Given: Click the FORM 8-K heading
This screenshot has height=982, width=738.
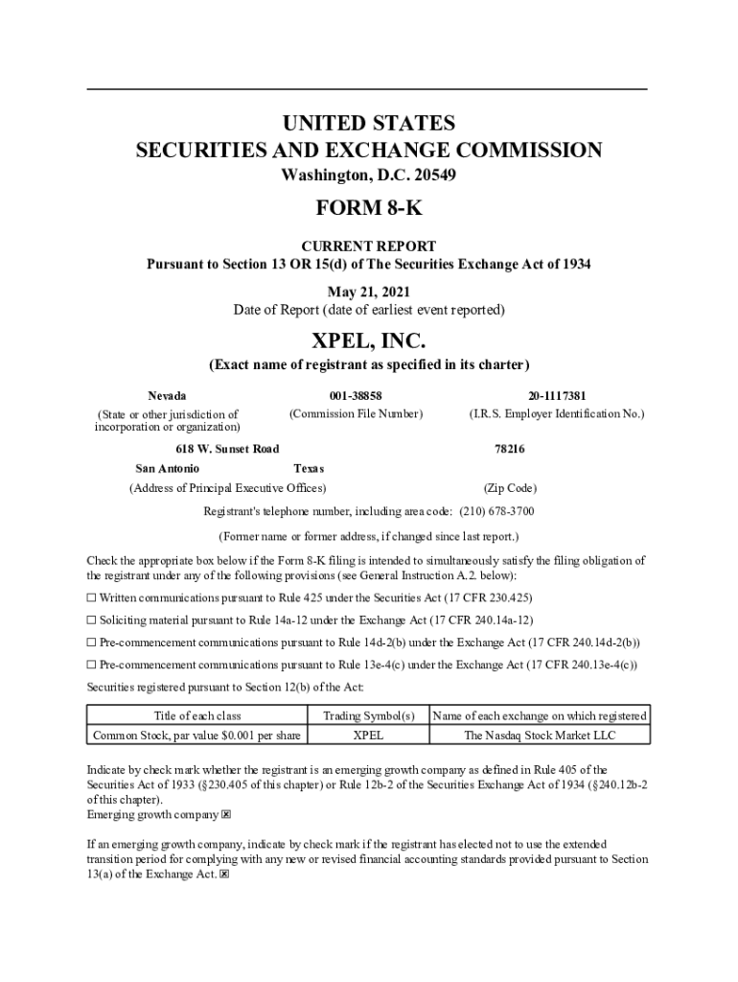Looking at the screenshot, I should tap(369, 209).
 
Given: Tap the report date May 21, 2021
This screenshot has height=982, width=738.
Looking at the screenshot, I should tap(369, 292).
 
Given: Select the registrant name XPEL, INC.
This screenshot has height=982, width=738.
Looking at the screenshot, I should tap(369, 340).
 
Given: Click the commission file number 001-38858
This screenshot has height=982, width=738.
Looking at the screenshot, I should tap(355, 395).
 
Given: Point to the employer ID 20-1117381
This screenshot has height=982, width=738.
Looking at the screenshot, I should tap(556, 395).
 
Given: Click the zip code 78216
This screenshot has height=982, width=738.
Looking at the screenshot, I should tap(509, 449).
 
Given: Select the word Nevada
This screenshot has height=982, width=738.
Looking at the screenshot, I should tap(167, 395).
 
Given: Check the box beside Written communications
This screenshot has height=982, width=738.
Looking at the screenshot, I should tap(92, 597).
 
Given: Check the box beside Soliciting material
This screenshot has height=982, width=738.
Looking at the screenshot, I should tap(92, 620).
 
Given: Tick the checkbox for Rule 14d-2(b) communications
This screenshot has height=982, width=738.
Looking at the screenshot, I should tap(92, 642).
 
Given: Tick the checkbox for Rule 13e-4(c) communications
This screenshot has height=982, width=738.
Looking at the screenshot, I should tap(92, 664).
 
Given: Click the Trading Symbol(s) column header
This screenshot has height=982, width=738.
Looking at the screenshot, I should tap(368, 715).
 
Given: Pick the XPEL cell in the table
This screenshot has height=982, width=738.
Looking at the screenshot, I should tap(368, 736).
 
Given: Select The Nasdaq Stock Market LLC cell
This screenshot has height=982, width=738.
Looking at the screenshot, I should tap(540, 736).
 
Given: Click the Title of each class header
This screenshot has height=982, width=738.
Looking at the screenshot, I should tap(197, 715).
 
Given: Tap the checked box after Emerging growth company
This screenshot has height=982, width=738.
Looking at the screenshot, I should tap(226, 815).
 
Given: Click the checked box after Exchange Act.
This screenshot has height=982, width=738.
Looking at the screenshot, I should tap(224, 875).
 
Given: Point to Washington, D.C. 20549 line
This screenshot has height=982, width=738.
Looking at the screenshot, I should tap(369, 175).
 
